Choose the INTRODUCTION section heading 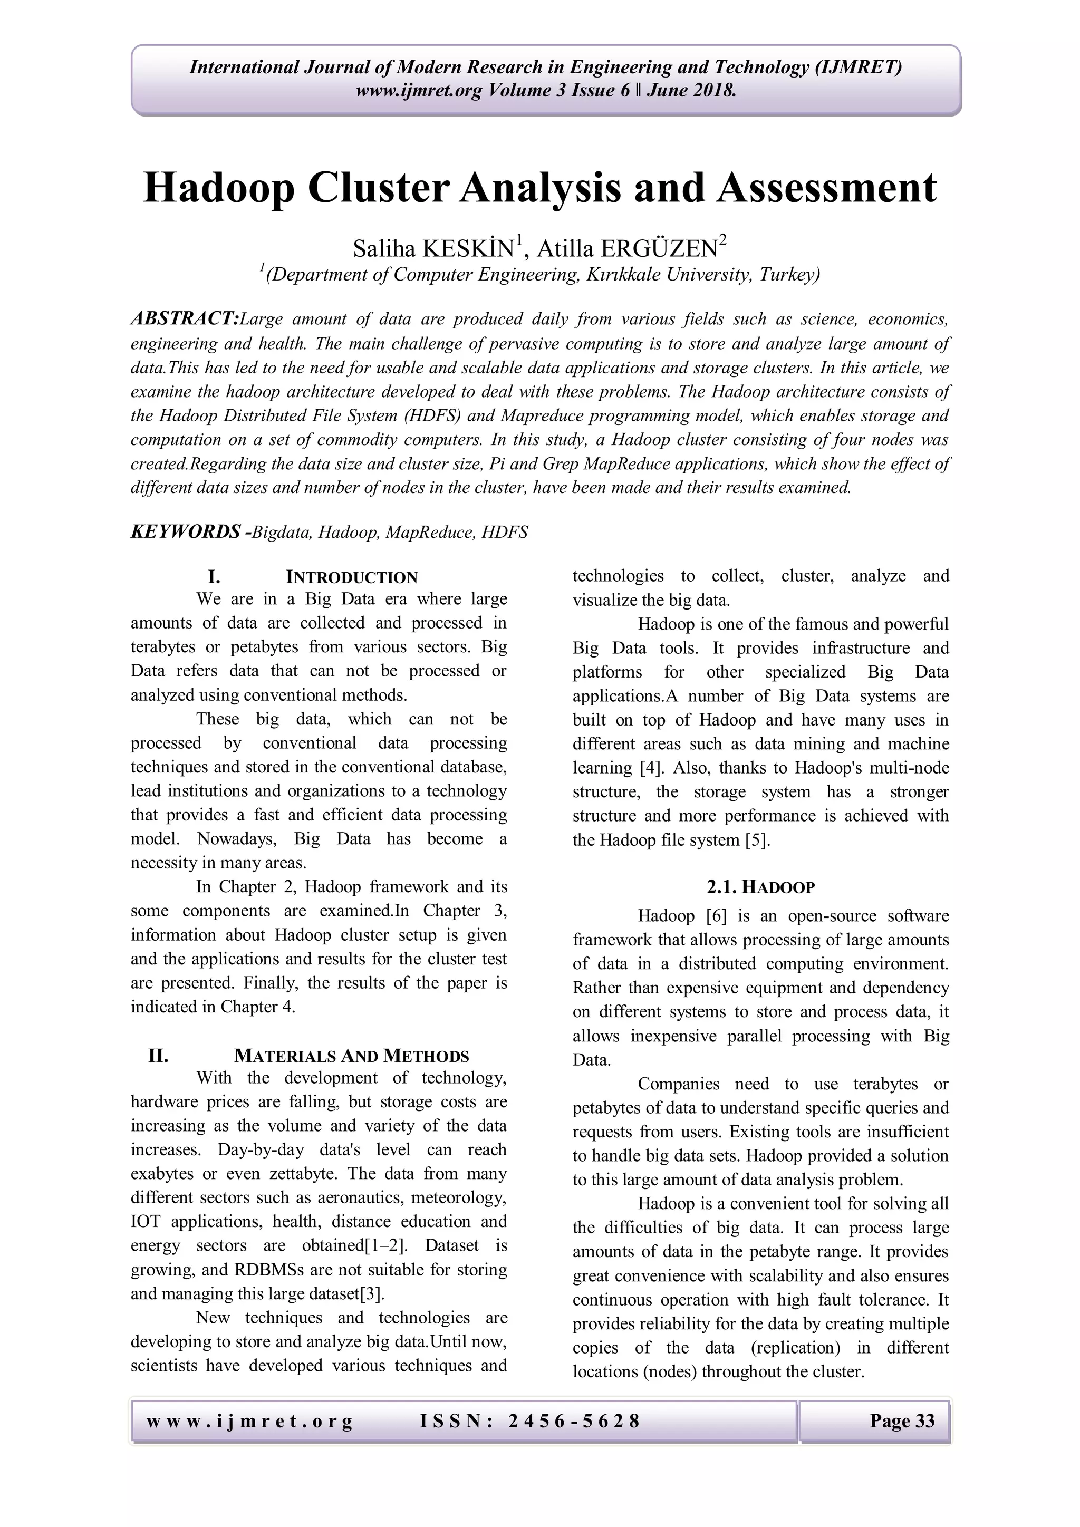pos(351,577)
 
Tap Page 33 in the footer pos(902,1421)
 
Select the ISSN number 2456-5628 pos(573,1421)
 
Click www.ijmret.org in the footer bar pos(249,1421)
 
